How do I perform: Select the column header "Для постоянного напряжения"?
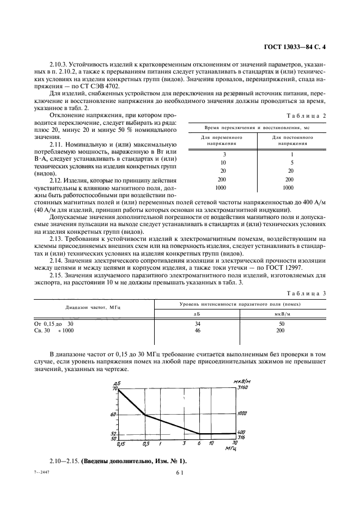(x=292, y=141)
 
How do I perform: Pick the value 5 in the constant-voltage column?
(x=292, y=163)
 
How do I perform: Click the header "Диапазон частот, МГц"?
(x=93, y=307)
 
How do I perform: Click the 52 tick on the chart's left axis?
(x=114, y=433)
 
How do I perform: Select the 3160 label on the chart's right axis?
(x=243, y=387)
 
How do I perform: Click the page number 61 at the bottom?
(x=179, y=474)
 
